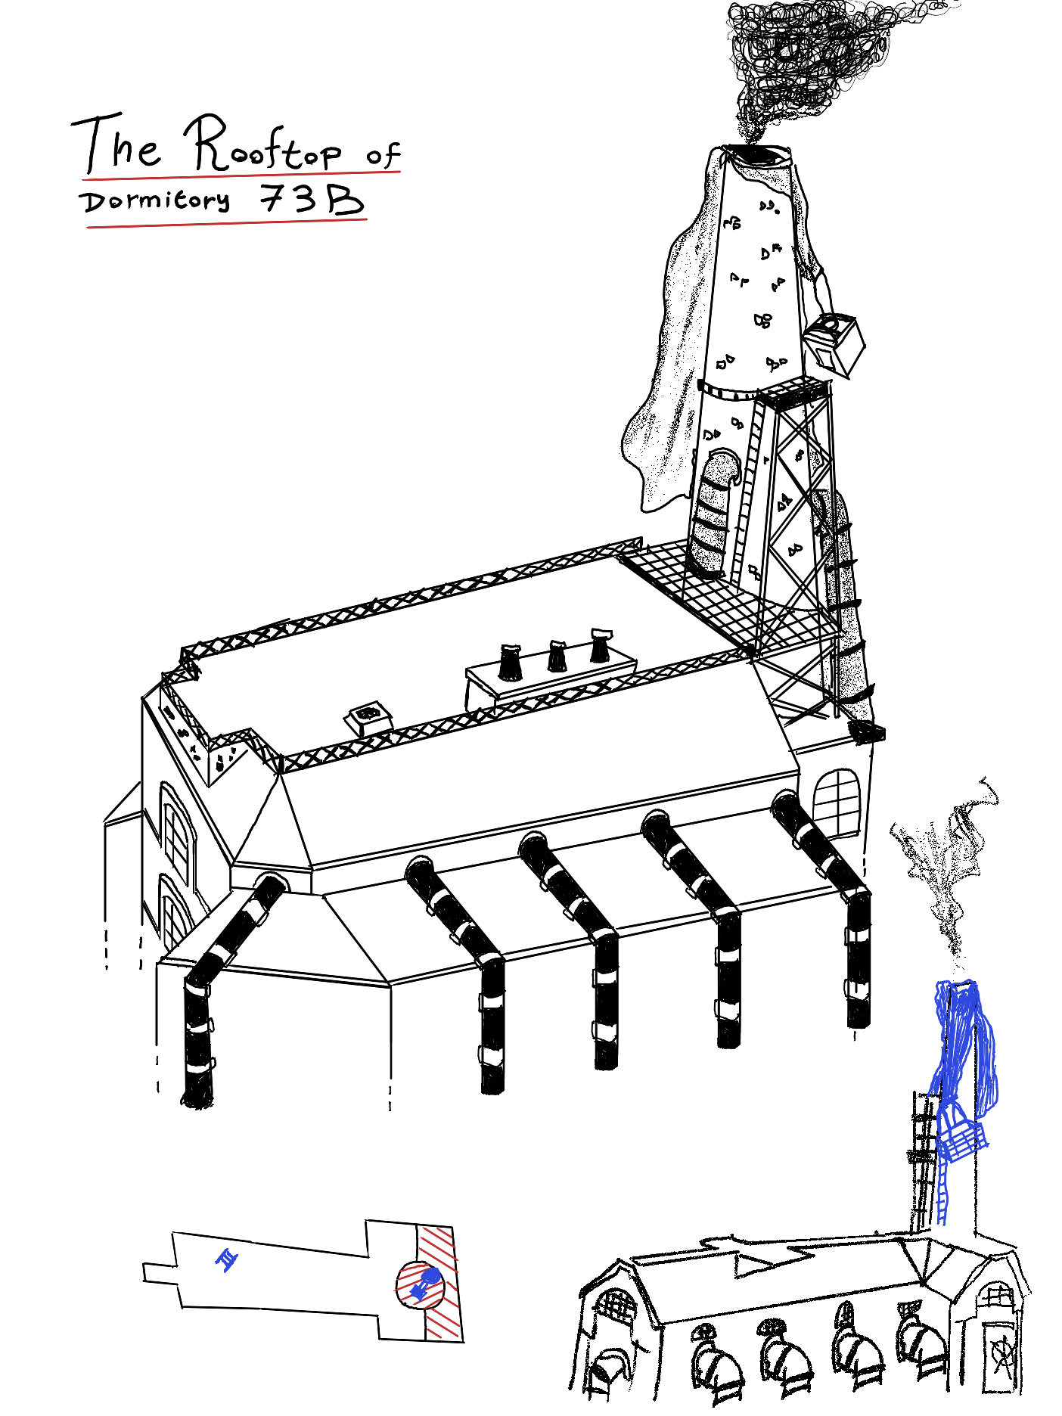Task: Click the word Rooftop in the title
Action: click(265, 145)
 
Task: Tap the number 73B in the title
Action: click(312, 200)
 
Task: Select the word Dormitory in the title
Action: click(155, 201)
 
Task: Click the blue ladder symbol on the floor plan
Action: click(226, 1260)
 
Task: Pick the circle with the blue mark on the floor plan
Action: click(420, 1284)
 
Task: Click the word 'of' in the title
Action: click(383, 155)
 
